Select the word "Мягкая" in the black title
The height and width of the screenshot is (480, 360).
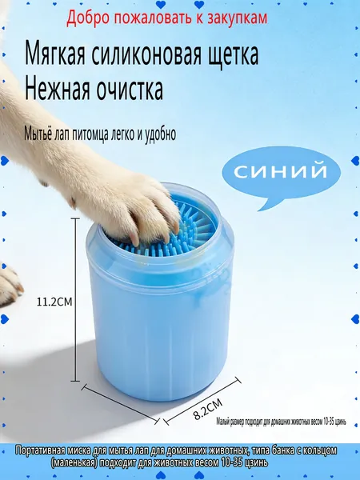pyautogui.click(x=54, y=54)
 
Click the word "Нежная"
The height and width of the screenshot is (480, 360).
pyautogui.click(x=58, y=89)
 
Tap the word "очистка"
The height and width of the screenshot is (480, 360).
pyautogui.click(x=130, y=89)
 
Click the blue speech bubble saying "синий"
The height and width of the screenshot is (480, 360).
pyautogui.click(x=281, y=174)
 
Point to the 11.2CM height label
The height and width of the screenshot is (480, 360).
pyautogui.click(x=54, y=302)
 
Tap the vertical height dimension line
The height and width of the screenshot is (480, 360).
pyautogui.click(x=75, y=300)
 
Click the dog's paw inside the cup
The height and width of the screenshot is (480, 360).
pyautogui.click(x=132, y=208)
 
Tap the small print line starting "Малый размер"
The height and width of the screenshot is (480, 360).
pyautogui.click(x=281, y=422)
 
